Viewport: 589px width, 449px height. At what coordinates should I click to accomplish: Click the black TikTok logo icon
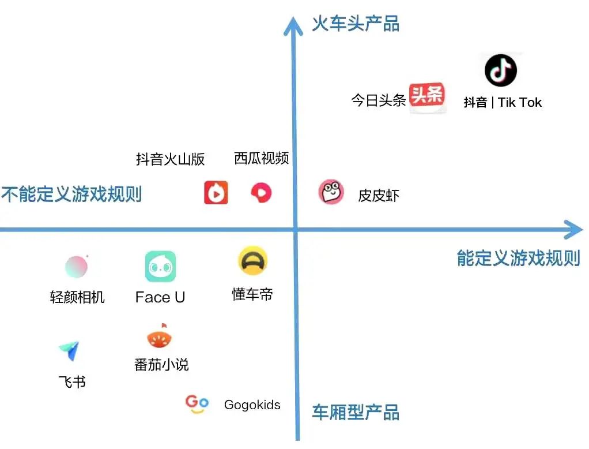pyautogui.click(x=501, y=70)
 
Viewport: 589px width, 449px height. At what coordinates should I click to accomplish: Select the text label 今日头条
pyautogui.click(x=378, y=100)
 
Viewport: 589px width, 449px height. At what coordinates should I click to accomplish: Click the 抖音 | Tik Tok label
pyautogui.click(x=503, y=102)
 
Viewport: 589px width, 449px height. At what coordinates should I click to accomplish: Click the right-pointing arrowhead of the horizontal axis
pyautogui.click(x=573, y=230)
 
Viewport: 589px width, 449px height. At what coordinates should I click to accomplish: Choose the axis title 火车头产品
pyautogui.click(x=356, y=23)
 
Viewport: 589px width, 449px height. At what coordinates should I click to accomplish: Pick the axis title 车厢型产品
pyautogui.click(x=356, y=412)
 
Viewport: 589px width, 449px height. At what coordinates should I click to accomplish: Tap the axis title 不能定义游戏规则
pyautogui.click(x=71, y=194)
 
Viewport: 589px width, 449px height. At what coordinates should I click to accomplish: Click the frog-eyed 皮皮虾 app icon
pyautogui.click(x=331, y=192)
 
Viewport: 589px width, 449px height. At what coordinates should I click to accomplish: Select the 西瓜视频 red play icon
pyautogui.click(x=261, y=193)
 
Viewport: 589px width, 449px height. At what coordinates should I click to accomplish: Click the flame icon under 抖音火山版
pyautogui.click(x=216, y=193)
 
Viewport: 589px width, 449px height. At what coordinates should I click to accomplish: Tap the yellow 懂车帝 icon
pyautogui.click(x=253, y=260)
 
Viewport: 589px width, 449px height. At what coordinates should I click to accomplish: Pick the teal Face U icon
pyautogui.click(x=160, y=266)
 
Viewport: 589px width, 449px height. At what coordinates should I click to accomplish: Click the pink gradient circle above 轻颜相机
pyautogui.click(x=76, y=267)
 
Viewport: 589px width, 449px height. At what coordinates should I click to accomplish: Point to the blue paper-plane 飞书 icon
pyautogui.click(x=70, y=351)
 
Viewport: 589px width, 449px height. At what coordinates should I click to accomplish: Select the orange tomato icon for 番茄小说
pyautogui.click(x=160, y=336)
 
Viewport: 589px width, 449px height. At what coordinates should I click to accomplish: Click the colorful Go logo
pyautogui.click(x=197, y=404)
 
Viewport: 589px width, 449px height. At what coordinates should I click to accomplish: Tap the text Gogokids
pyautogui.click(x=252, y=405)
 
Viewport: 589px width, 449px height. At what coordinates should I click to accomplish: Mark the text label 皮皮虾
pyautogui.click(x=379, y=196)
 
